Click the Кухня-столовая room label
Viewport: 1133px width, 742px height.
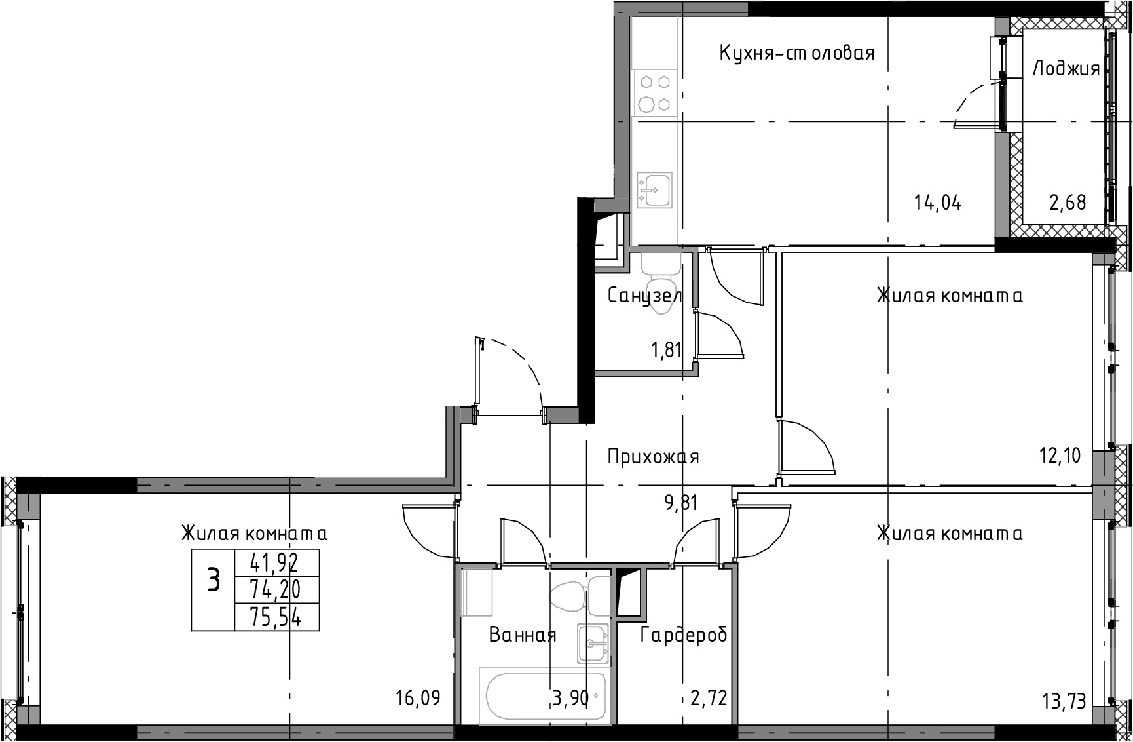click(797, 52)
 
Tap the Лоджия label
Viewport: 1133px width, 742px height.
click(1066, 68)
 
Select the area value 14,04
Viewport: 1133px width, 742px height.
click(938, 203)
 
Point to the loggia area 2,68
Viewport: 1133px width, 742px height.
click(1068, 203)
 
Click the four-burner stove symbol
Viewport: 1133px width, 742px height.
click(655, 93)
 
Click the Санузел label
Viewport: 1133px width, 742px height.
click(645, 296)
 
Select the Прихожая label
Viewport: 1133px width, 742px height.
click(653, 456)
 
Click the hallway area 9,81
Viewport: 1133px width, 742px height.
click(680, 503)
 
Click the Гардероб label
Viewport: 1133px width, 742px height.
click(684, 635)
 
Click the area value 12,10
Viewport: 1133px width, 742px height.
click(1060, 455)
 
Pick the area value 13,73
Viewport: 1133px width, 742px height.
click(1064, 701)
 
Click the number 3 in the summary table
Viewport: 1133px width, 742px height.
click(214, 581)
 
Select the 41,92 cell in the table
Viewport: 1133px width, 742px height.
click(275, 562)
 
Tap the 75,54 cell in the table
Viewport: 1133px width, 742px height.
click(275, 617)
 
